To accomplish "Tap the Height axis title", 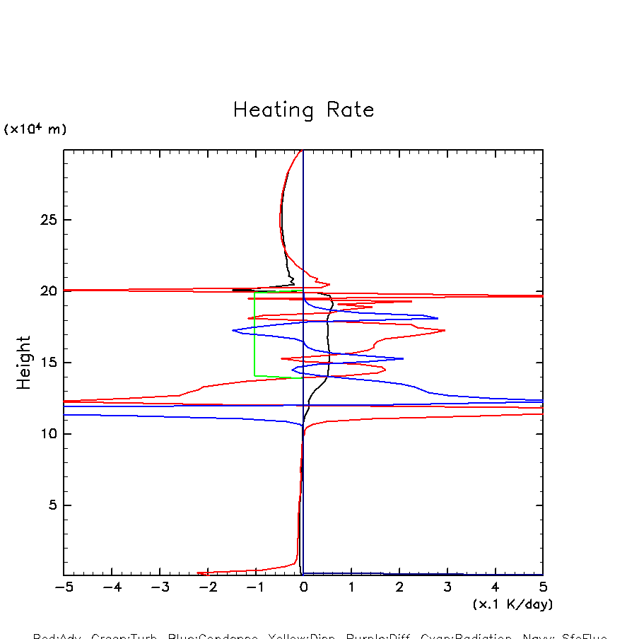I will pyautogui.click(x=24, y=363).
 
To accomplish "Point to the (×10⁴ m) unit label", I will pyautogui.click(x=35, y=129).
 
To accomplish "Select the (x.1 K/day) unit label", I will pyautogui.click(x=512, y=604).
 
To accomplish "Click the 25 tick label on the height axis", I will pyautogui.click(x=48, y=220).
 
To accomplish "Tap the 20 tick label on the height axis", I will pyautogui.click(x=48, y=291).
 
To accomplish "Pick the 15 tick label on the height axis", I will pyautogui.click(x=48, y=363).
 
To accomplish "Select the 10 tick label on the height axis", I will pyautogui.click(x=48, y=434).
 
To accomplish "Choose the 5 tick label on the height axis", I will pyautogui.click(x=52, y=505).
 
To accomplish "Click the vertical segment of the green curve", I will pyautogui.click(x=255, y=332).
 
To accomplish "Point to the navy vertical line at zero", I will pyautogui.click(x=303, y=495).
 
